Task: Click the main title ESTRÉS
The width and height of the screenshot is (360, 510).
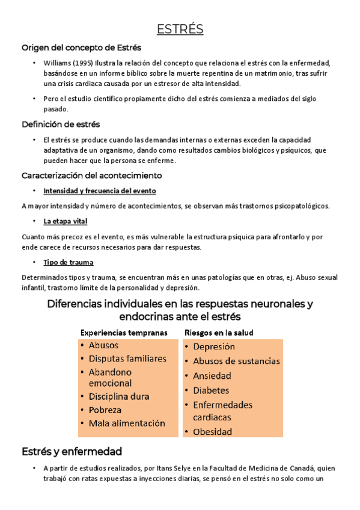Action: pos(180,29)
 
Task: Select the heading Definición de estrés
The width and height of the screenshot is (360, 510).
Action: pos(60,124)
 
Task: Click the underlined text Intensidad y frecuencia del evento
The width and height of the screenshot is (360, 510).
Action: pos(100,191)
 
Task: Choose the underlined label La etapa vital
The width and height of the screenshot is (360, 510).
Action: pos(65,221)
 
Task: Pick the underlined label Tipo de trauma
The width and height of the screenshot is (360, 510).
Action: pos(68,262)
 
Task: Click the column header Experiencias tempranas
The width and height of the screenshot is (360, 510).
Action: pos(124,332)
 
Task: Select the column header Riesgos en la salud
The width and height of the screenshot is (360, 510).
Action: pos(219,332)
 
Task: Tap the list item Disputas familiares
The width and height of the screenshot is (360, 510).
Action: pos(127,358)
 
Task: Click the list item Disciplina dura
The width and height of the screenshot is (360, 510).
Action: pos(119,396)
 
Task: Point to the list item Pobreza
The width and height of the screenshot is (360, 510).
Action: pos(106,410)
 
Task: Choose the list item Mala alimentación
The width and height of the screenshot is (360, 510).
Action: pos(127,423)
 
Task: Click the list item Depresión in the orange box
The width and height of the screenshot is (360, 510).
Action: pos(214,346)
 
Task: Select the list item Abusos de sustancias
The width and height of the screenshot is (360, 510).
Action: pos(236,361)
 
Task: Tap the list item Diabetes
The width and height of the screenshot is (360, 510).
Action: pos(211,390)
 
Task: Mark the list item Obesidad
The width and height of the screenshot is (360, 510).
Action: pos(213,431)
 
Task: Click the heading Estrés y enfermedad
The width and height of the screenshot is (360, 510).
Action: pos(72,451)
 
